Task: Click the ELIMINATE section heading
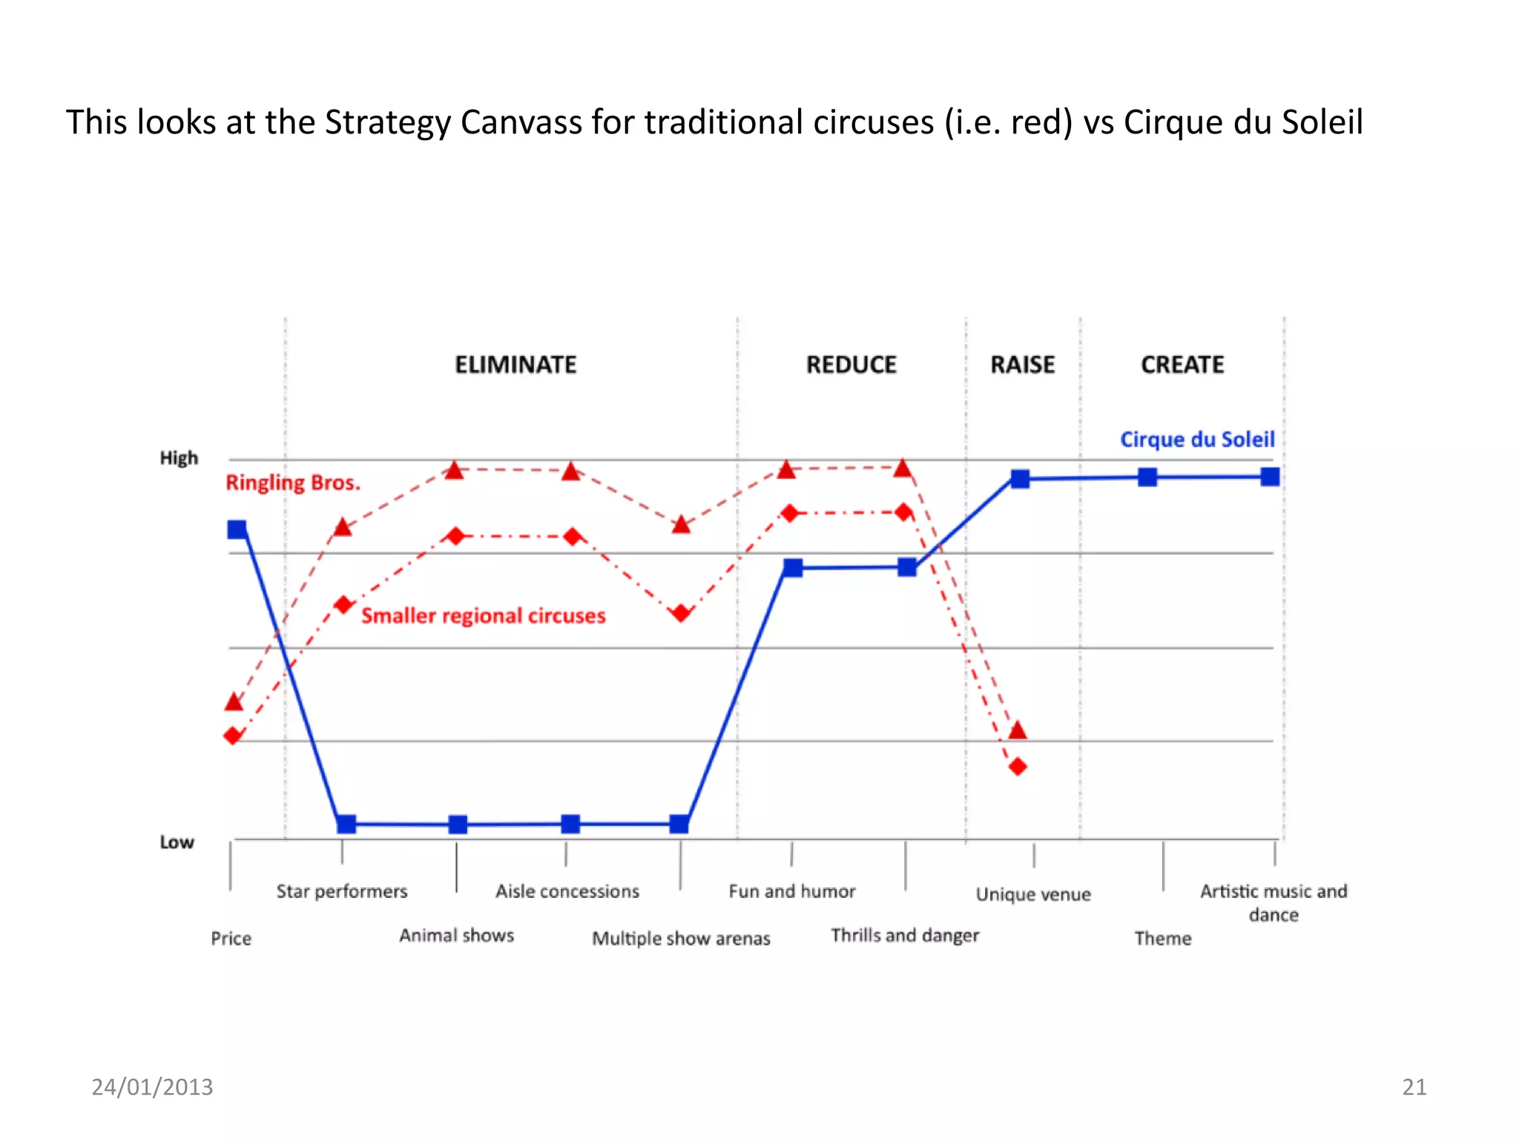(515, 365)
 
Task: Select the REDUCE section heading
(851, 365)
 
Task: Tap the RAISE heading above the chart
(1022, 365)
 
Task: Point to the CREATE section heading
(1182, 365)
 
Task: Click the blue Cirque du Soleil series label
(1197, 440)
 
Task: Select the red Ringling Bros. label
(293, 483)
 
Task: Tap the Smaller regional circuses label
(483, 615)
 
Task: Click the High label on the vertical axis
(179, 458)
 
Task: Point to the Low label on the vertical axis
(177, 842)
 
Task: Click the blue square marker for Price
(237, 529)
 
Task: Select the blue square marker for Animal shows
(458, 825)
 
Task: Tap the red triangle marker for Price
(234, 701)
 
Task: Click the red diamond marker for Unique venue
(1018, 766)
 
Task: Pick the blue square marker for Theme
(1147, 478)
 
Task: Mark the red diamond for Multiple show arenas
(681, 613)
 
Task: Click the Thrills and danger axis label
(905, 935)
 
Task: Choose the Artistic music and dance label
(1273, 902)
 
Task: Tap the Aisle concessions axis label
(567, 891)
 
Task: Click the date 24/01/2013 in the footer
(152, 1087)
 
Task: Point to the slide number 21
(1414, 1087)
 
